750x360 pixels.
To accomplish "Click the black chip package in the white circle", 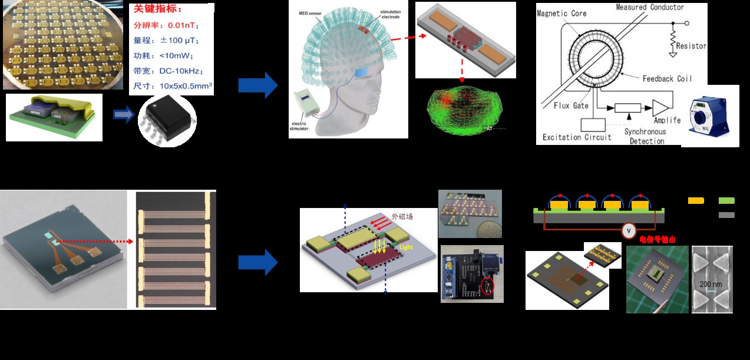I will [167, 117].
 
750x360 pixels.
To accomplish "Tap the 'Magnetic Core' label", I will [561, 13].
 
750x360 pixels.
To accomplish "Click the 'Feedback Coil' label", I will [667, 78].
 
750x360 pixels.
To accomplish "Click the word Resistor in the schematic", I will [691, 46].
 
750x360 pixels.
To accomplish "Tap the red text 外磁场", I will [402, 216].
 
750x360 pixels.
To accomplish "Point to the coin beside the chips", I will [489, 228].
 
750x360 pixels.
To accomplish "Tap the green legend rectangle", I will [726, 200].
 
